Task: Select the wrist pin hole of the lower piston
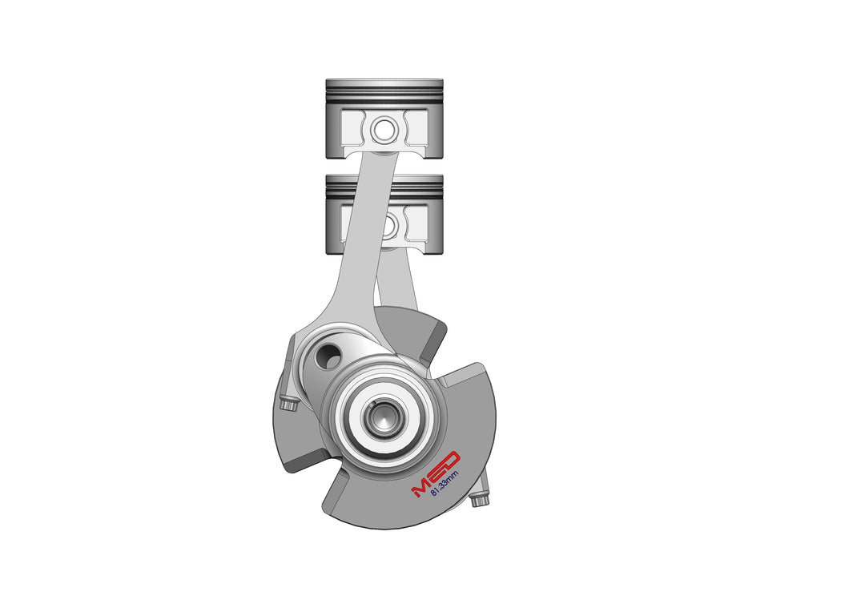click(x=388, y=226)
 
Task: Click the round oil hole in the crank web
click(x=328, y=356)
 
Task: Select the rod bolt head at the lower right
click(x=479, y=501)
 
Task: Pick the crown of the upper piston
click(x=384, y=82)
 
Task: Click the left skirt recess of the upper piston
click(x=354, y=128)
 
